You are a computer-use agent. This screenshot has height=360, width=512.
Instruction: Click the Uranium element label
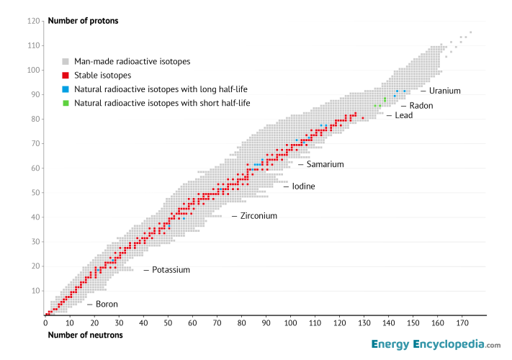pos(444,91)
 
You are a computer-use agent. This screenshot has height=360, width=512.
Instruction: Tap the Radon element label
pos(421,106)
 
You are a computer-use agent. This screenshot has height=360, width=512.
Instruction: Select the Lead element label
pos(403,115)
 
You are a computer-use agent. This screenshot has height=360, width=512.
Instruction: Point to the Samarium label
pos(325,164)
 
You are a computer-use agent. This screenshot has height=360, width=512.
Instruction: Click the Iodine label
pos(303,186)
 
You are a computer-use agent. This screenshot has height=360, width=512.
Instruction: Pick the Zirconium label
pos(259,216)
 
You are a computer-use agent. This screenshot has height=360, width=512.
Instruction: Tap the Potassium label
pos(171,270)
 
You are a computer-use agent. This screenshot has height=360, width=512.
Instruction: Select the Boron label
pos(107,305)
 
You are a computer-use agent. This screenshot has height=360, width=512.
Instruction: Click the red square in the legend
pos(66,76)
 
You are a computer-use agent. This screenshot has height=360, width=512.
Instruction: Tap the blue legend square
pos(66,89)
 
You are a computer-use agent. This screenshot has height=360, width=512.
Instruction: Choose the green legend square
pos(66,103)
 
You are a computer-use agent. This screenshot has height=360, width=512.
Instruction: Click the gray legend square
pos(66,62)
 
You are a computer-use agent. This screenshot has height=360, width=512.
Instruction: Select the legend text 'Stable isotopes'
pos(103,76)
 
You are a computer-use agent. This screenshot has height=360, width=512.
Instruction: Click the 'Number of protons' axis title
pos(83,21)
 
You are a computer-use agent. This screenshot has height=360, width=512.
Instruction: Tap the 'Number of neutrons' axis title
pos(85,335)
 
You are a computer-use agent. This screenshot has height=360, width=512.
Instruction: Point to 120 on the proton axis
pos(33,21)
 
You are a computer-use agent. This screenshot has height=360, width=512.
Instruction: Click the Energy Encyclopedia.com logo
pos(436,345)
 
